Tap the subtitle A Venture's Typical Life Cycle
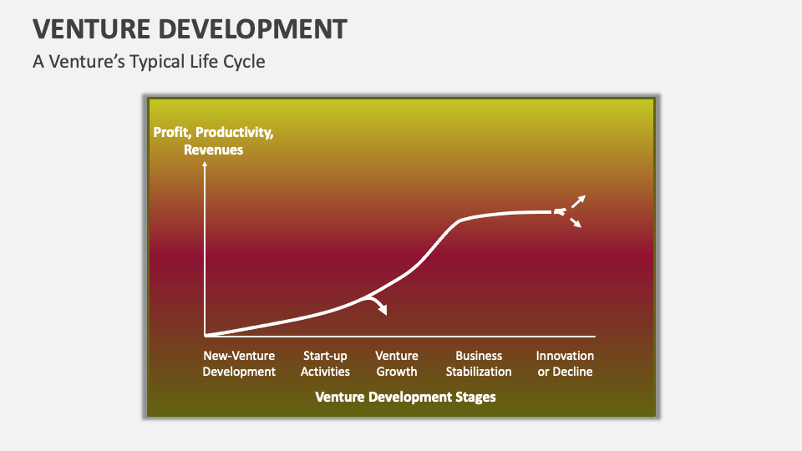click(149, 62)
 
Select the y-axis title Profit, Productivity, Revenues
click(213, 141)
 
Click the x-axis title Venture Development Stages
click(405, 397)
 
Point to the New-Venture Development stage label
click(239, 363)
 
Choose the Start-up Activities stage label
click(325, 363)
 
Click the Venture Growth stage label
click(397, 363)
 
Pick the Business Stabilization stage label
click(479, 363)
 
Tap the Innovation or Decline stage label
click(565, 363)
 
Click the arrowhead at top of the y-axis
click(205, 165)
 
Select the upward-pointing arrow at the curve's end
click(578, 200)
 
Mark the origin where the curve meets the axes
click(205, 335)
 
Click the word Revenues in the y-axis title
click(213, 149)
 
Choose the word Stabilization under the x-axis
click(479, 372)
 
